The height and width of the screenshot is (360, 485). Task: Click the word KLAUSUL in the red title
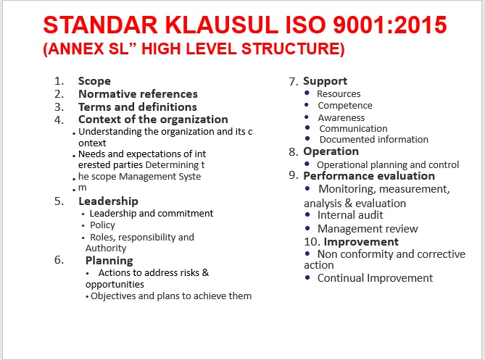click(x=222, y=25)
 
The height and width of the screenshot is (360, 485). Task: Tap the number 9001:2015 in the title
click(x=390, y=25)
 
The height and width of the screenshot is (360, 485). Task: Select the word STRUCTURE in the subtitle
click(x=293, y=49)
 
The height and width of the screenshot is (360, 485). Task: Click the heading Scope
click(x=94, y=81)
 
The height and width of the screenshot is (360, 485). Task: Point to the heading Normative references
click(x=138, y=93)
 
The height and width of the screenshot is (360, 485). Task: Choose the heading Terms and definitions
click(x=138, y=106)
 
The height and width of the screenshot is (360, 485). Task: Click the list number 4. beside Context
click(x=59, y=120)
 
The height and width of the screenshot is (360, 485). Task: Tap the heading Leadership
click(x=108, y=201)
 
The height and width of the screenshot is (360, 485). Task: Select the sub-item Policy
click(x=102, y=225)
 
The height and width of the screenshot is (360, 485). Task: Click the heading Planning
click(x=109, y=261)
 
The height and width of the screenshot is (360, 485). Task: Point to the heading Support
click(x=325, y=81)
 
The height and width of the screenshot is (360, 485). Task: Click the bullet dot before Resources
click(x=307, y=93)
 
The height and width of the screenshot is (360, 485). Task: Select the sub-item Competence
click(x=345, y=106)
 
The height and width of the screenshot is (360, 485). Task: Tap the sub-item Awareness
click(x=341, y=118)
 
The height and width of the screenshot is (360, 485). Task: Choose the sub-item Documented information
click(x=373, y=139)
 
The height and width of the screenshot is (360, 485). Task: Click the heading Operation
click(x=331, y=151)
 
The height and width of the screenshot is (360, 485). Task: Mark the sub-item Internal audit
click(x=350, y=215)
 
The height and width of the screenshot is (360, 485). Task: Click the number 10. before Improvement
click(x=312, y=242)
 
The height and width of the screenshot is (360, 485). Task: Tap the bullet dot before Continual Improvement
click(x=307, y=277)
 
